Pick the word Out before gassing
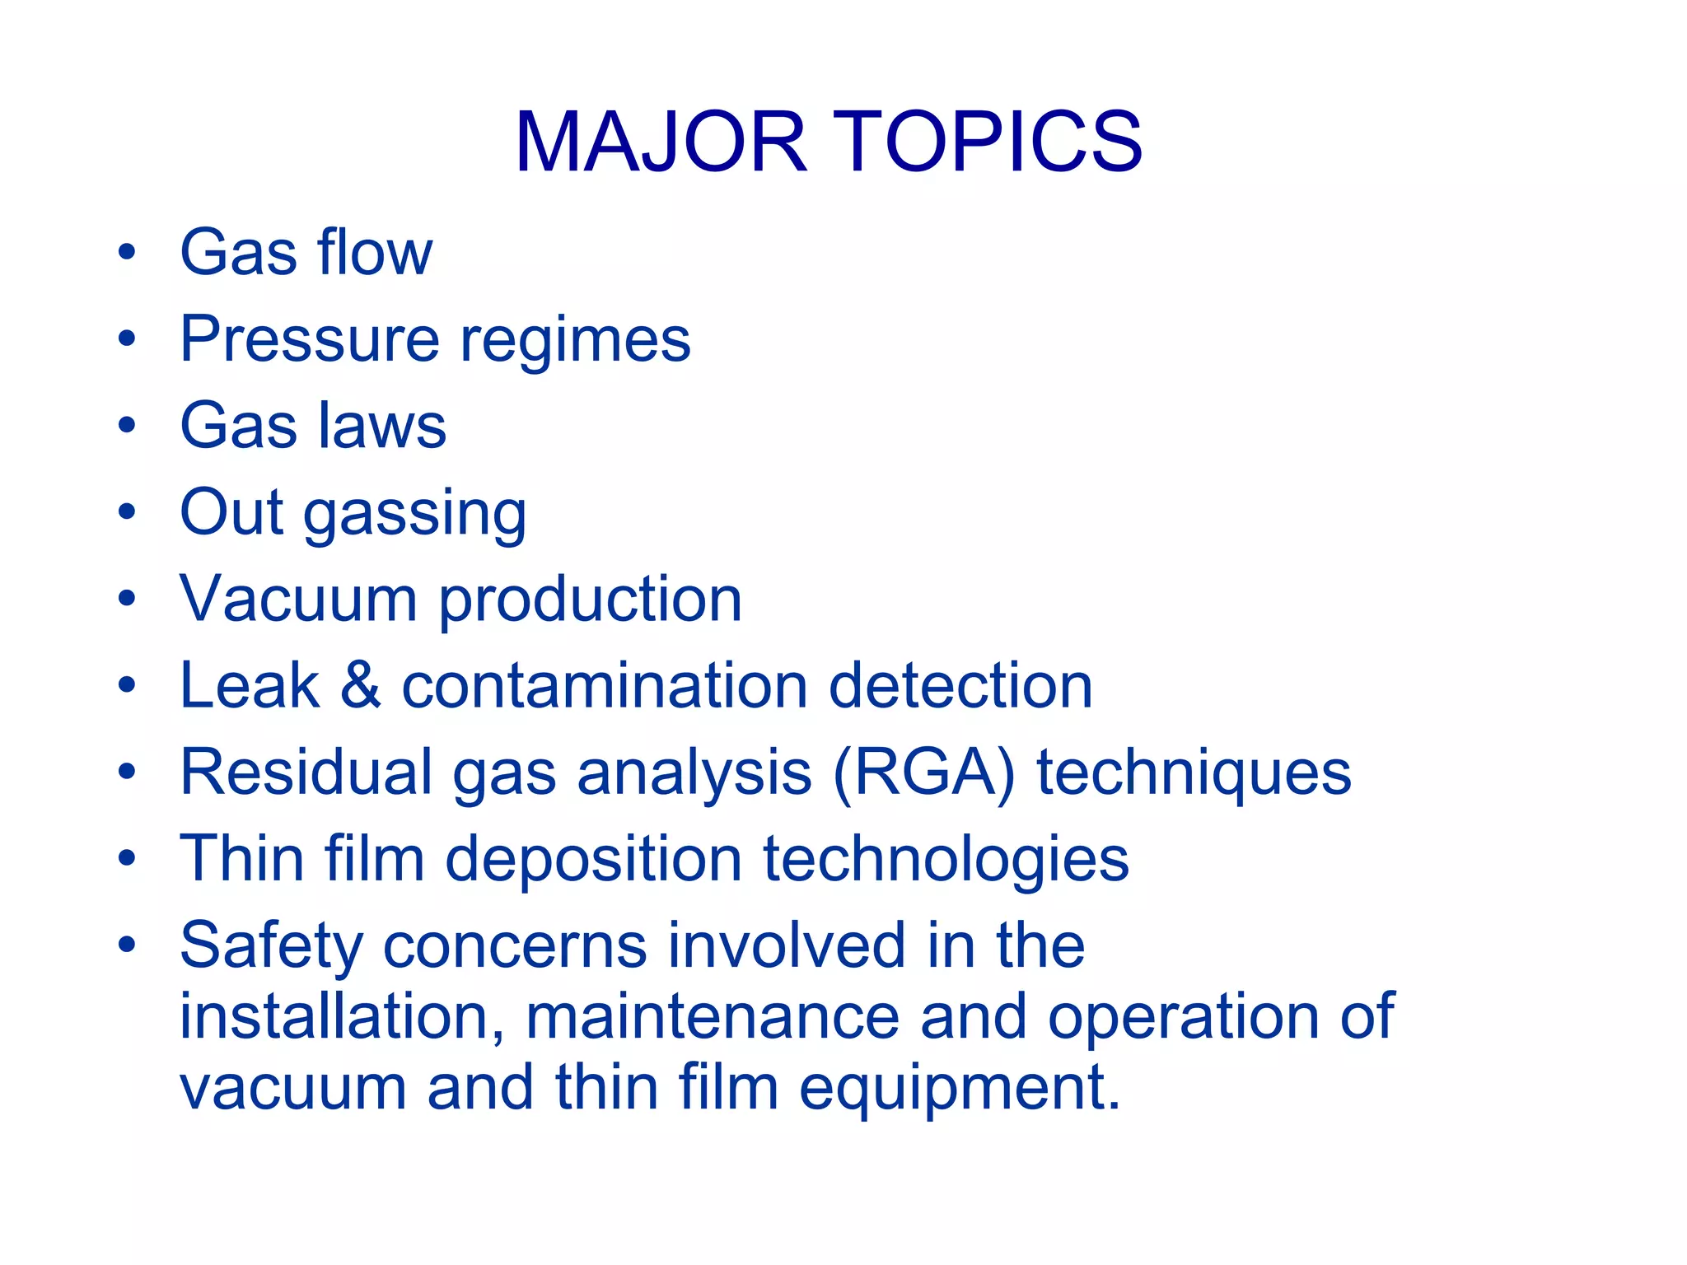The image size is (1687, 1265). (x=231, y=512)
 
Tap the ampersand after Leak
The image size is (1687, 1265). (x=361, y=685)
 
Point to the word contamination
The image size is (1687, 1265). (x=605, y=685)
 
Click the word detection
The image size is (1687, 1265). (x=960, y=685)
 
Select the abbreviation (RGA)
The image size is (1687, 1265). (x=924, y=773)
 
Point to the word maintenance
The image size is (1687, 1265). (x=713, y=1016)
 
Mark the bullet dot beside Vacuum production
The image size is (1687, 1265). (x=126, y=599)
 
